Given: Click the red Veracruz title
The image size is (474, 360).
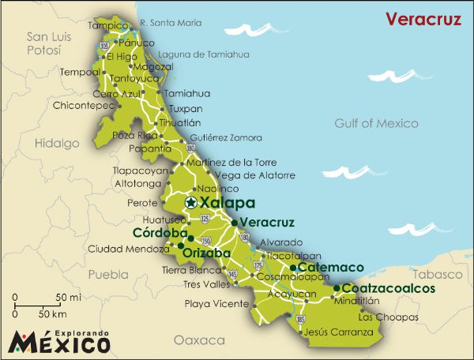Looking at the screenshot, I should click(x=422, y=19).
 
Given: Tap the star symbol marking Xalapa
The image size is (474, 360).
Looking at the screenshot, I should click(x=190, y=203).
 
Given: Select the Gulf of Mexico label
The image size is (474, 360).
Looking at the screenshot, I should click(x=370, y=123).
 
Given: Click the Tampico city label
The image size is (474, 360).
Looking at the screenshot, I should click(x=107, y=25).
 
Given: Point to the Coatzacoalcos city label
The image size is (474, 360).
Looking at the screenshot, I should click(x=389, y=289).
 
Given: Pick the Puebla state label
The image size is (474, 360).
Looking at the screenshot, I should click(x=107, y=275).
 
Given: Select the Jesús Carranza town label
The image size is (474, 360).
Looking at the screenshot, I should click(x=338, y=332).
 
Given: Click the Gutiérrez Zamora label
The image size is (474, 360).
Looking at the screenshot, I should click(x=226, y=137).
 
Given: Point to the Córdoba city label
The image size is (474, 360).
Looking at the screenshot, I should click(x=159, y=234).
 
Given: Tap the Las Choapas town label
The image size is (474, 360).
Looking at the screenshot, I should click(x=388, y=317).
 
